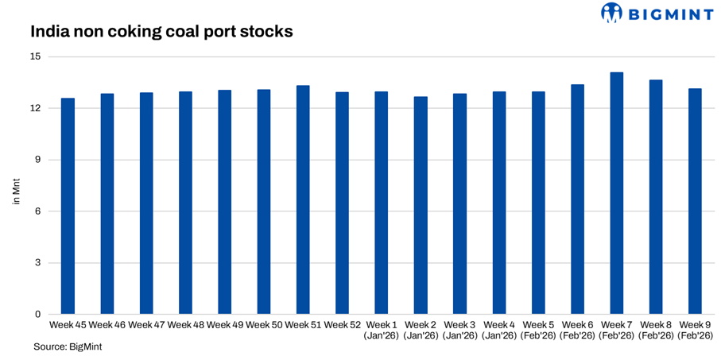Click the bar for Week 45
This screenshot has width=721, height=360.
point(68,207)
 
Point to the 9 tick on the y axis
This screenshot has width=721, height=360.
point(37,160)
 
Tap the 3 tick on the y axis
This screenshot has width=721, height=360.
point(37,263)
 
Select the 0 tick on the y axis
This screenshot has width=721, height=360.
point(37,315)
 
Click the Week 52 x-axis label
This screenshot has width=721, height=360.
point(343,325)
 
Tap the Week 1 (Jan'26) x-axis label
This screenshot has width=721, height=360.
point(382,331)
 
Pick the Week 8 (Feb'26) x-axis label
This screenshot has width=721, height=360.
point(656,331)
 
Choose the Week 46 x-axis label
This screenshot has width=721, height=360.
point(107,325)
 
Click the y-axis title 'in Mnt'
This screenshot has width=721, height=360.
point(16,193)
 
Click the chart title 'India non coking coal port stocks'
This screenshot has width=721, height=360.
point(161,33)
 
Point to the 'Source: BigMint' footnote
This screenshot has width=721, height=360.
point(68,347)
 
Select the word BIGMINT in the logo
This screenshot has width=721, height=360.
point(665,13)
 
